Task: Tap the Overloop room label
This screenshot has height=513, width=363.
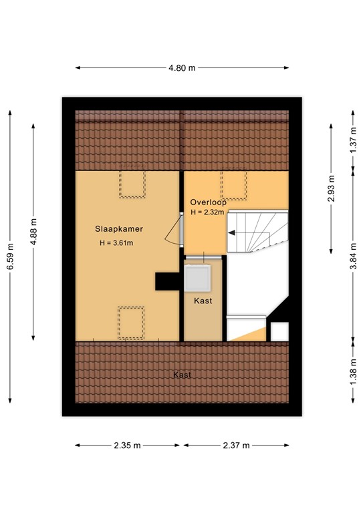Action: pyautogui.click(x=207, y=202)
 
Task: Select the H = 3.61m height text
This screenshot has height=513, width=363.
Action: pyautogui.click(x=116, y=242)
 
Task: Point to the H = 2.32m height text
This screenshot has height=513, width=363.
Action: pyautogui.click(x=207, y=212)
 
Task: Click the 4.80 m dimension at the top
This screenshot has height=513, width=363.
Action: pyautogui.click(x=182, y=67)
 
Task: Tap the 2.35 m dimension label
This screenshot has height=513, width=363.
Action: pyautogui.click(x=128, y=446)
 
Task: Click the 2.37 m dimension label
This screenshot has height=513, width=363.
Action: pyautogui.click(x=237, y=446)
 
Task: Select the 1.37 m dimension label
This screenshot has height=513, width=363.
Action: pyautogui.click(x=353, y=142)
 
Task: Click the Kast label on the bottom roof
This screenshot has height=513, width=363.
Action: pyautogui.click(x=182, y=375)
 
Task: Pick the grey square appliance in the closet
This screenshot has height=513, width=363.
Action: pyautogui.click(x=199, y=278)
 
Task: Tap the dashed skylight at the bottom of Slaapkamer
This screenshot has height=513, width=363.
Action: pyautogui.click(x=131, y=322)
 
